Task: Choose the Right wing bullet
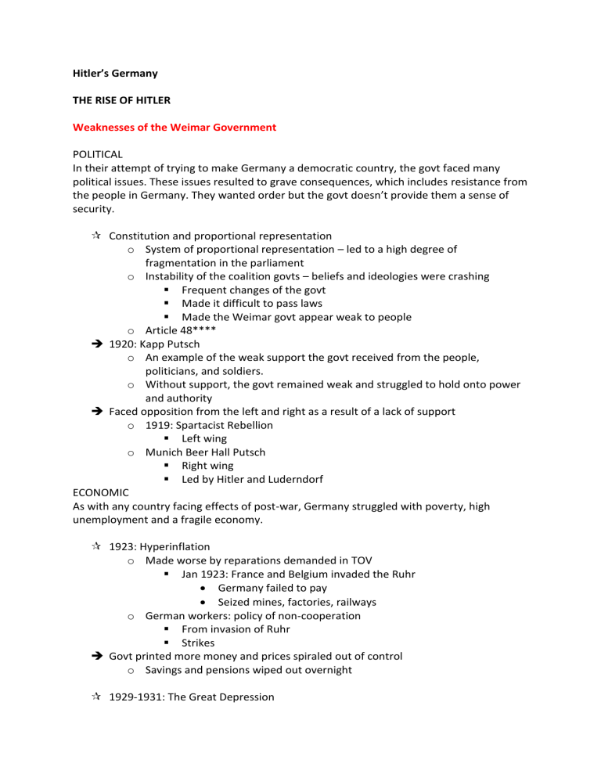point(207,465)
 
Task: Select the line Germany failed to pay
point(272,588)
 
